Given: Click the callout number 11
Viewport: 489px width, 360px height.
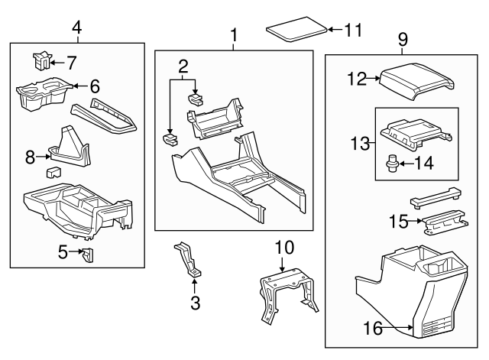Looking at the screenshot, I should click(351, 31).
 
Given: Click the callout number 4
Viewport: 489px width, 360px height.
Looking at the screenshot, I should click(76, 28).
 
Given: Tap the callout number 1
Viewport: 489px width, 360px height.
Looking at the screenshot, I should click(234, 34).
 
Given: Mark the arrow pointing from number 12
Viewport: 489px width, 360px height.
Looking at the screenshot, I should click(375, 77).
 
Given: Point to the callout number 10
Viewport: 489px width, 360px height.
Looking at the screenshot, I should click(283, 247).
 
